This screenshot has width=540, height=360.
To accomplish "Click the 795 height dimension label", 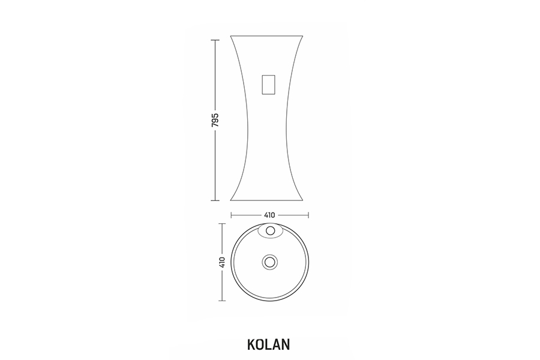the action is point(215,120).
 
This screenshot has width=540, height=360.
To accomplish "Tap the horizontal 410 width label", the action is point(269,215).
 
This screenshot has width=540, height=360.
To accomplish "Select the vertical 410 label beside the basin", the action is point(222,262).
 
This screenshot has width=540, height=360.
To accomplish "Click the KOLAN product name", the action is point(269,344).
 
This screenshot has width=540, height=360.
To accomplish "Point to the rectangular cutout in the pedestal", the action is point(269,85).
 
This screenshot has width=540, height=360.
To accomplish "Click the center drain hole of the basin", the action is point(269,262).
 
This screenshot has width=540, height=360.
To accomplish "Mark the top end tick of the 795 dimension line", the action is point(215,40).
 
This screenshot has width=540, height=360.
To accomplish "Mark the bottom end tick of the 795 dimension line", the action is point(215,200).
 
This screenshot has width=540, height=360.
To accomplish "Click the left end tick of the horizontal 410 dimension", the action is point(231,215).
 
